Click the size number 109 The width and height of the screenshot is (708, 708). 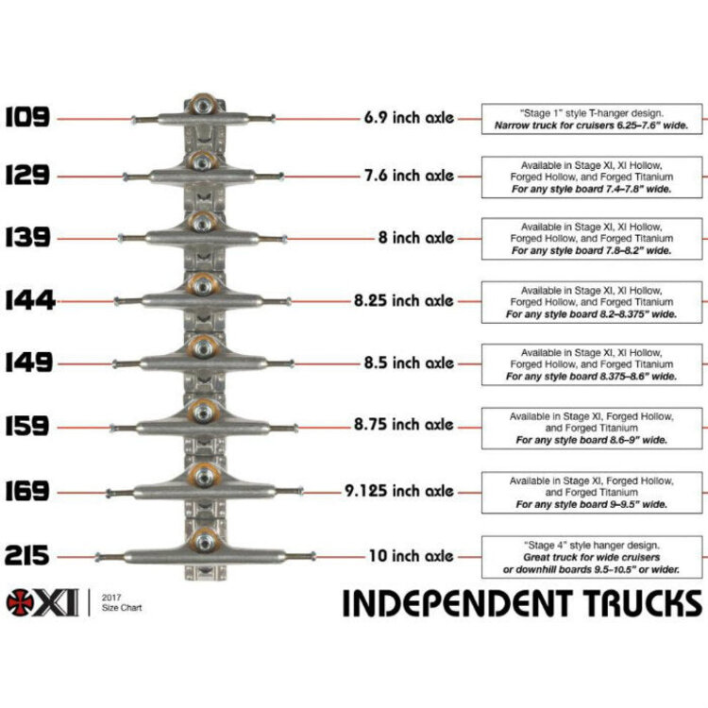(x=27, y=118)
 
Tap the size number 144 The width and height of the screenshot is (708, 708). (x=29, y=301)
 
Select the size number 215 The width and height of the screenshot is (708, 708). (x=27, y=556)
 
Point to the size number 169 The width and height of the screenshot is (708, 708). (x=27, y=491)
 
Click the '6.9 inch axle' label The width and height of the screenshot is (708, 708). (x=409, y=119)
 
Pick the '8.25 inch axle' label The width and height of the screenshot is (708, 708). (x=404, y=301)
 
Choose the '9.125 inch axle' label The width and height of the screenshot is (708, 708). (x=399, y=491)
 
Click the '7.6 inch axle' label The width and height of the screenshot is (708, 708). (x=409, y=176)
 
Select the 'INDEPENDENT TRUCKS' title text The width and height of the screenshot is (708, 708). (x=521, y=602)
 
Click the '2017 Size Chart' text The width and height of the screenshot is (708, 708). (x=122, y=602)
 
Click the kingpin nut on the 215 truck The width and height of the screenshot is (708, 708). (x=203, y=540)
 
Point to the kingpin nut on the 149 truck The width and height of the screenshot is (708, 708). (x=203, y=346)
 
